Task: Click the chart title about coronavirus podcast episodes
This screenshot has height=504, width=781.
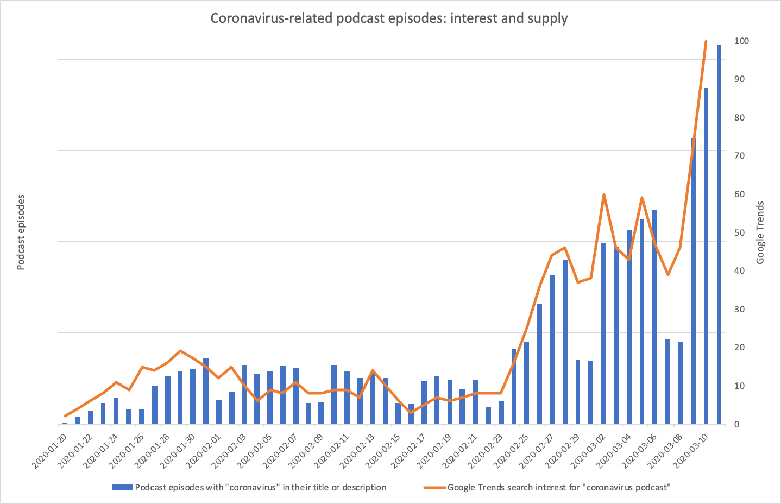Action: [389, 18]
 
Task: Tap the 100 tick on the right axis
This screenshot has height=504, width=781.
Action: [741, 41]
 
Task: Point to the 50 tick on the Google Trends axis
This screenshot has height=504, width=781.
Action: [739, 232]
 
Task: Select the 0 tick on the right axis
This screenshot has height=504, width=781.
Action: [736, 424]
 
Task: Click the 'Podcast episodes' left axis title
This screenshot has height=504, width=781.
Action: [21, 232]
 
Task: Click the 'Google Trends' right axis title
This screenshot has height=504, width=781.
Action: [760, 232]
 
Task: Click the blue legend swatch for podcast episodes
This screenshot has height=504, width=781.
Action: [122, 487]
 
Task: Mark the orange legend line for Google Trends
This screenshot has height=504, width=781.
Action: [434, 487]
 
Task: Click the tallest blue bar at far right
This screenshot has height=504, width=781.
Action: [719, 234]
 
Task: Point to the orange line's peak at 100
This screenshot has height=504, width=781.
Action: [706, 41]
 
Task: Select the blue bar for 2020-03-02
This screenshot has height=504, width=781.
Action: [603, 333]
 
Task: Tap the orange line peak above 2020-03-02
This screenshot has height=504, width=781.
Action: [603, 194]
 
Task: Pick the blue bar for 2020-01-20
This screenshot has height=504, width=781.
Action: [65, 423]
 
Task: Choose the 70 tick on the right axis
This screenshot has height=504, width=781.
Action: [739, 156]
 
